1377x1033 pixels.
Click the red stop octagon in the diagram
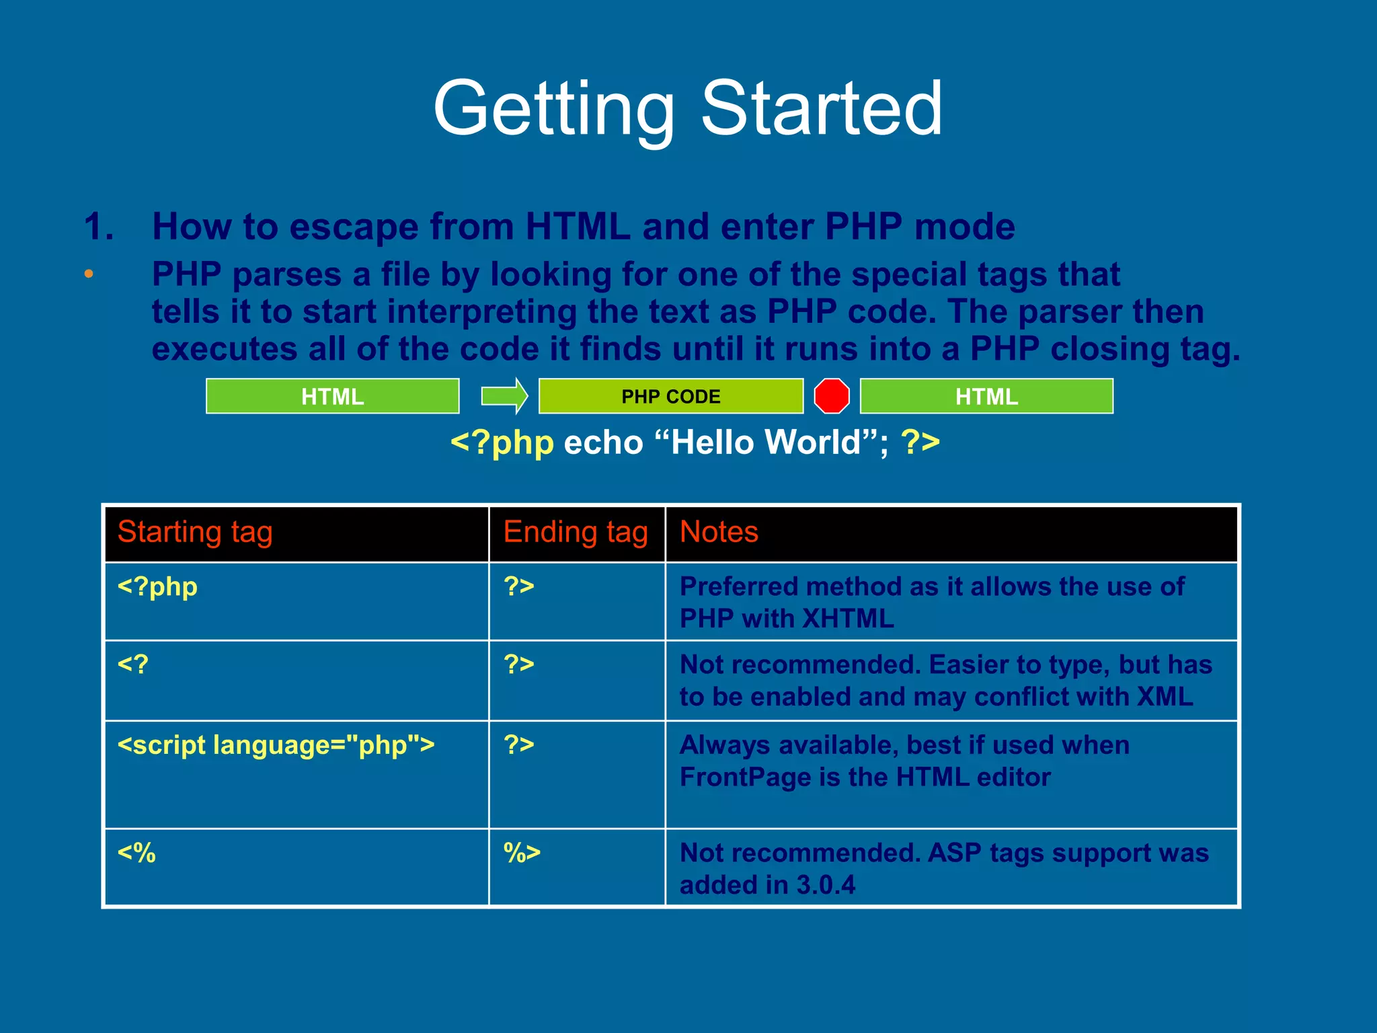click(832, 396)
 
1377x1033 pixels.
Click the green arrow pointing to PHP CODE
click(504, 396)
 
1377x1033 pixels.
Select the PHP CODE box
click(670, 396)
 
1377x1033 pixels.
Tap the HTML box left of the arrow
click(332, 396)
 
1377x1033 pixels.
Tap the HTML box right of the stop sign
click(986, 396)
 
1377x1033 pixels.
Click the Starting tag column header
click(195, 532)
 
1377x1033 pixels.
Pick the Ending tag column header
click(576, 532)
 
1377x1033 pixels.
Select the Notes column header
click(719, 532)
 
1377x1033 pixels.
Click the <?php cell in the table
click(157, 587)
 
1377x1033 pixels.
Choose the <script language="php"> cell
click(276, 745)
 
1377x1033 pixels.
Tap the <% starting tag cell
click(136, 853)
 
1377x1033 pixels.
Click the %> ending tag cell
click(522, 853)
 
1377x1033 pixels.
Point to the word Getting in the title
click(554, 109)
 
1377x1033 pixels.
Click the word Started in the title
click(822, 109)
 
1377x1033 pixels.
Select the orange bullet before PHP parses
click(89, 274)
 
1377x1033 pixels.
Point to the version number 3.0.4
click(826, 885)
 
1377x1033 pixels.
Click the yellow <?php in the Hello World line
click(502, 443)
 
